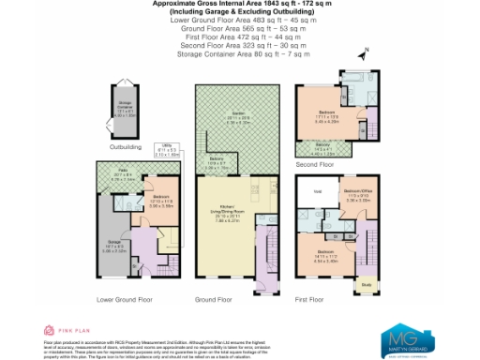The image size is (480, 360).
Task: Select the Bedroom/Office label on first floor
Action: tap(359, 194)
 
